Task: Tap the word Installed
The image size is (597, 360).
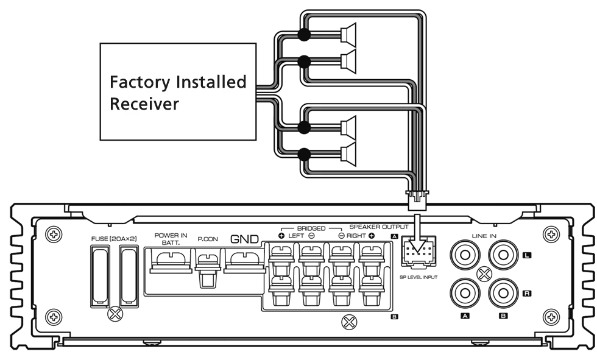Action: [211, 82]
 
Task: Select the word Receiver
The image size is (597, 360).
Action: [144, 104]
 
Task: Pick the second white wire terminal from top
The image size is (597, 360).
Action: [344, 61]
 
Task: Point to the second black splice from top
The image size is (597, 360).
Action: [303, 61]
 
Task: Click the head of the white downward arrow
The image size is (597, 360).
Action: [417, 245]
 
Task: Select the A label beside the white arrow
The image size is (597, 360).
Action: [394, 236]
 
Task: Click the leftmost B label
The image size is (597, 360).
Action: [394, 317]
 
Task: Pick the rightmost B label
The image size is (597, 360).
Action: [503, 316]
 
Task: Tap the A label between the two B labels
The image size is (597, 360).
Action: [465, 316]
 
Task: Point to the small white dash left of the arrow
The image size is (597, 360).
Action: [357, 227]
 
